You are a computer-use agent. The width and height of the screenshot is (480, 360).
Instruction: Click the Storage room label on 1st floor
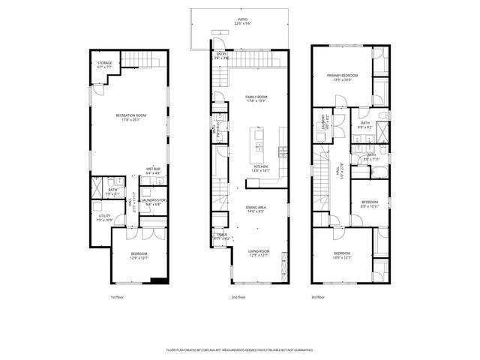[104, 64]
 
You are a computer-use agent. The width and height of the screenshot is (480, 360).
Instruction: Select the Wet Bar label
[153, 171]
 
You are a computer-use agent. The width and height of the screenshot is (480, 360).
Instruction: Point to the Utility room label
[103, 217]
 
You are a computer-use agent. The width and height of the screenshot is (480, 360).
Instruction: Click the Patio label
[241, 22]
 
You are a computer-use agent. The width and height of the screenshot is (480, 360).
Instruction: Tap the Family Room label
[256, 98]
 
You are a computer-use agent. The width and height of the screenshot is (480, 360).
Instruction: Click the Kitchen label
[259, 168]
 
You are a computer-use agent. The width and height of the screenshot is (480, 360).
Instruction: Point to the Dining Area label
[256, 209]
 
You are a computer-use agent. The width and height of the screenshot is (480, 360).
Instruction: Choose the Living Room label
[259, 253]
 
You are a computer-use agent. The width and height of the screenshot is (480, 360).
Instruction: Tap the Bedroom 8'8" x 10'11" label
[369, 204]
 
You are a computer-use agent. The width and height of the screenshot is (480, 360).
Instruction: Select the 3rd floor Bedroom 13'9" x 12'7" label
[342, 256]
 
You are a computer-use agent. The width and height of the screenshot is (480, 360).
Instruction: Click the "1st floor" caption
[118, 297]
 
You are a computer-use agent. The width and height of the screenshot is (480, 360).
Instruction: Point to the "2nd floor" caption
[238, 297]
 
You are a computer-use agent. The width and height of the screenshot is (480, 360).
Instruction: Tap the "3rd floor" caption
[319, 297]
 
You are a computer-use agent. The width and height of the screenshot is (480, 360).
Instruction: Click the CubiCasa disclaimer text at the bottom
[240, 349]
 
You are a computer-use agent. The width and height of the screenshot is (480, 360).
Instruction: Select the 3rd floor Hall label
[338, 172]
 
